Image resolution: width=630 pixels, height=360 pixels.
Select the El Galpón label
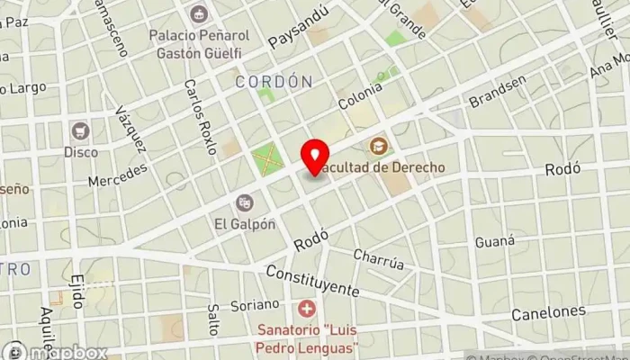(244, 224)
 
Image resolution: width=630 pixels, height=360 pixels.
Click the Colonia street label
(361, 97)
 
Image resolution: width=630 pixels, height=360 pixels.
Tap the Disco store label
(81, 152)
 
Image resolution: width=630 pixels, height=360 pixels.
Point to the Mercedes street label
(117, 174)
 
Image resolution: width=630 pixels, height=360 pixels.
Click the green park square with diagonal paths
(265, 160)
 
